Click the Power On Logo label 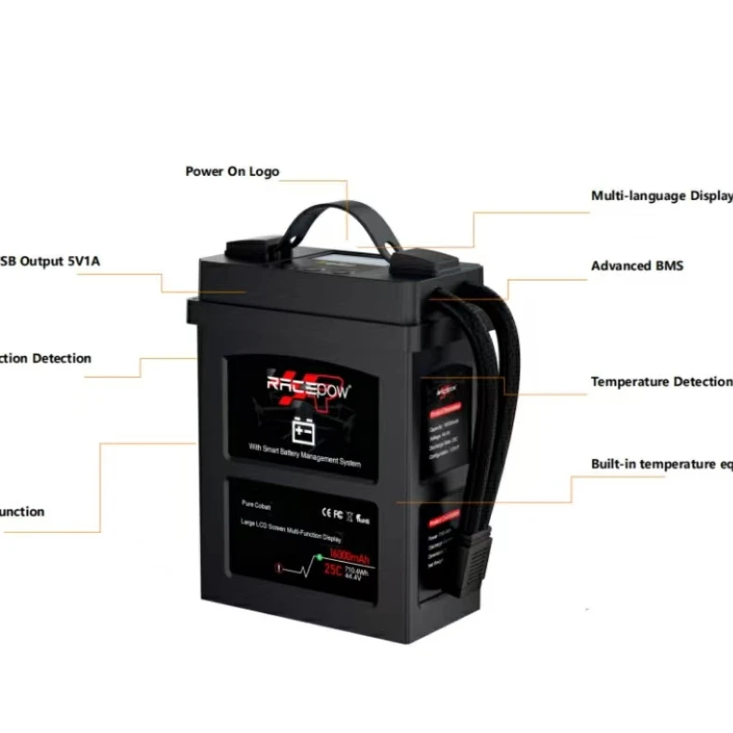click(x=232, y=172)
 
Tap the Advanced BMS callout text click(x=637, y=266)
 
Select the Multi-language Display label click(x=660, y=196)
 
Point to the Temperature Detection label click(x=659, y=381)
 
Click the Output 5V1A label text click(x=50, y=261)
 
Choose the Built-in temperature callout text click(x=660, y=464)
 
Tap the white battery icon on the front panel click(x=303, y=430)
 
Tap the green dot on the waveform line click(x=319, y=558)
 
